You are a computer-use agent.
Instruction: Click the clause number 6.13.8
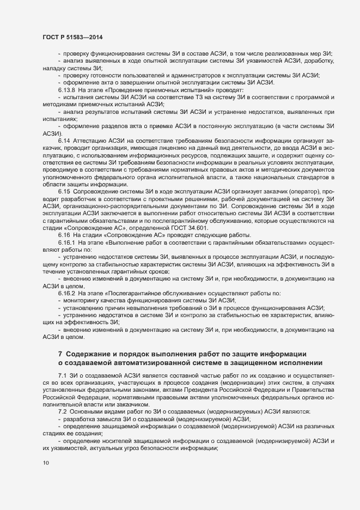pos(68,89)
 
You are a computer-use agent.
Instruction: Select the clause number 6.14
pos(64,141)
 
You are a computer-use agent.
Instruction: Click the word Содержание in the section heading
pos(92,354)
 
